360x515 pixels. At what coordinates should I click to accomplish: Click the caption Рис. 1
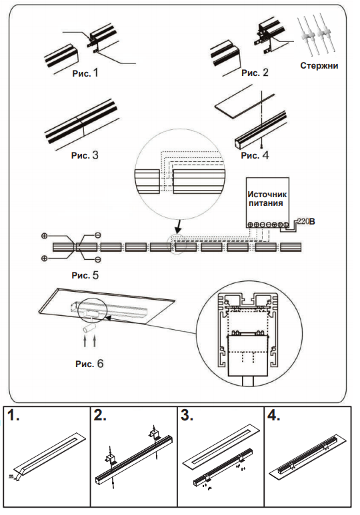(85, 73)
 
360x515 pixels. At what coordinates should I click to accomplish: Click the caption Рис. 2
(255, 73)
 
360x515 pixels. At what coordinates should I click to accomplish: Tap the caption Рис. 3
(85, 155)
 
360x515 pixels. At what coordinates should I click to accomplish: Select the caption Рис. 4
(255, 155)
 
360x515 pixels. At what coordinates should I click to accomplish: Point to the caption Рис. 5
(85, 275)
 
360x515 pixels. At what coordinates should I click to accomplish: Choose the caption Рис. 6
(89, 364)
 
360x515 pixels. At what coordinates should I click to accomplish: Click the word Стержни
(319, 66)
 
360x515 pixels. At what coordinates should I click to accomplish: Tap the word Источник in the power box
(267, 195)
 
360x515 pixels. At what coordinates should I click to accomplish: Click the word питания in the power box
(265, 203)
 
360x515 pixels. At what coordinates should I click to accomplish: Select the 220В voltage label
(307, 221)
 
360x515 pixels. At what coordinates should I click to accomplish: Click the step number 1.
(13, 416)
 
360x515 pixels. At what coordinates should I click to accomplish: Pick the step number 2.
(100, 416)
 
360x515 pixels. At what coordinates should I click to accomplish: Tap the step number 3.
(187, 416)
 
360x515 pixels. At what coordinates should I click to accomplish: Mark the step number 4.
(273, 416)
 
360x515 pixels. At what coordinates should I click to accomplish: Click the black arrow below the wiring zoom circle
(178, 225)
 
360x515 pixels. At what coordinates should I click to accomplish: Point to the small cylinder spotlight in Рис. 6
(89, 328)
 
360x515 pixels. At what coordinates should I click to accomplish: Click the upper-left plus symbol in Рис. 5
(45, 236)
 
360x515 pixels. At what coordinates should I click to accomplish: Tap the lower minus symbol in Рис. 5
(97, 260)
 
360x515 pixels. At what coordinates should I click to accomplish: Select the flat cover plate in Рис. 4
(245, 101)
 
